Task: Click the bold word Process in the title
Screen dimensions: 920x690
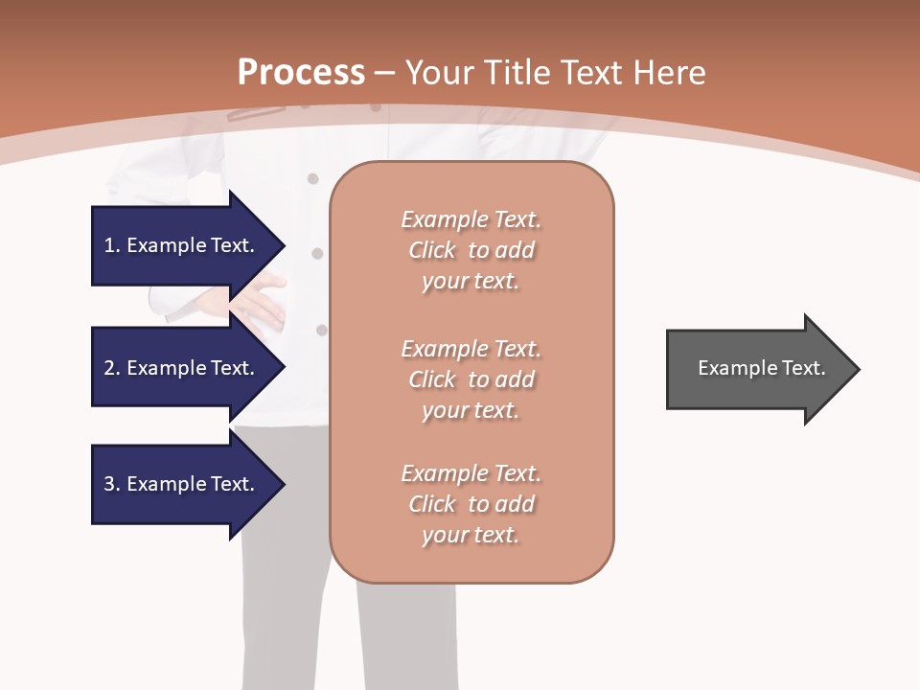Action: [301, 73]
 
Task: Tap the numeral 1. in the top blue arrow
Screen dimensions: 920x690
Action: [112, 245]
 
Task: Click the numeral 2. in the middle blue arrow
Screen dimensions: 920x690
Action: [112, 368]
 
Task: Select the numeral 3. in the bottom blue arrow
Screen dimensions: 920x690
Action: [112, 484]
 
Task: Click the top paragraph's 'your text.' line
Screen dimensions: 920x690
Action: [471, 282]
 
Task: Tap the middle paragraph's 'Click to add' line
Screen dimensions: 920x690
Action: [471, 379]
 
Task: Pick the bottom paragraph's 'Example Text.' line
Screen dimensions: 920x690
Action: [471, 473]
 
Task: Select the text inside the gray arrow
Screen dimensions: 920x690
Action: [762, 368]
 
